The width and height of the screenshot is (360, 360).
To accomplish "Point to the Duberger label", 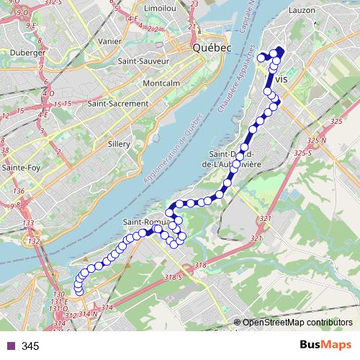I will pyautogui.click(x=28, y=53).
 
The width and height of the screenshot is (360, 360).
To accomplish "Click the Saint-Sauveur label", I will pyautogui.click(x=143, y=61).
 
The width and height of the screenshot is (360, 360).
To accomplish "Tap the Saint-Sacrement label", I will pyautogui.click(x=117, y=103).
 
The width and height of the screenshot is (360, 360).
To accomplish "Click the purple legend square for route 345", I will pyautogui.click(x=11, y=346).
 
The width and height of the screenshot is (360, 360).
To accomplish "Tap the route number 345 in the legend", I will pyautogui.click(x=30, y=346).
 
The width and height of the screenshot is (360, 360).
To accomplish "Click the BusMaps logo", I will pyautogui.click(x=325, y=346).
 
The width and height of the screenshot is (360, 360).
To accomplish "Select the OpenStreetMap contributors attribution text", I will pyautogui.click(x=297, y=323).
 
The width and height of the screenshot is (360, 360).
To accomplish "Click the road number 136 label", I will pyautogui.click(x=19, y=191).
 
